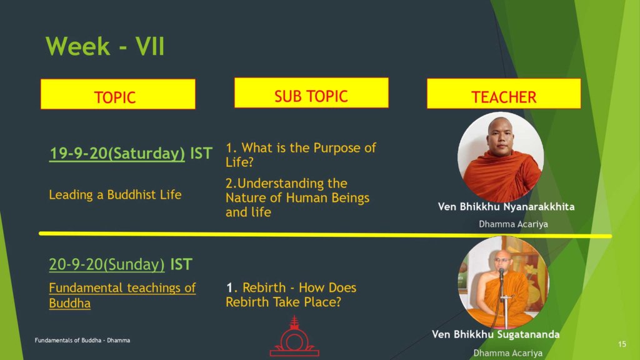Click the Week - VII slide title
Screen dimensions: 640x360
coord(105,46)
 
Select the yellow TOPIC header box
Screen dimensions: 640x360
coord(118,94)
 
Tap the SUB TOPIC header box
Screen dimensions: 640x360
coord(311,93)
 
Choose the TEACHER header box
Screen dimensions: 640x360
coord(504,94)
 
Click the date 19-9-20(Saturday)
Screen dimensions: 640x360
coord(117,154)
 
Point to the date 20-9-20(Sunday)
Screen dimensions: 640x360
coord(106,264)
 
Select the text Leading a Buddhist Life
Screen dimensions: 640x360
coord(115,195)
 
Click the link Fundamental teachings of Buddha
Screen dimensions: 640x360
coord(122,296)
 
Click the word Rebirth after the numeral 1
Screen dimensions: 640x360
coord(264,287)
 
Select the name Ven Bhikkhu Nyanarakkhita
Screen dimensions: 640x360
coord(506,206)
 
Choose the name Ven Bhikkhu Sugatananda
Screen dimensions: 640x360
coord(496,334)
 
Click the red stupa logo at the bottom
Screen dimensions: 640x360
coord(294,336)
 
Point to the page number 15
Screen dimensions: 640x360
coord(622,344)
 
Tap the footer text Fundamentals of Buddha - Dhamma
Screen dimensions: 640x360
coord(82,340)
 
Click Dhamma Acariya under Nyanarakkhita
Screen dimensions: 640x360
coord(513,224)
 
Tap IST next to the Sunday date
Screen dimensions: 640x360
coord(181,264)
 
